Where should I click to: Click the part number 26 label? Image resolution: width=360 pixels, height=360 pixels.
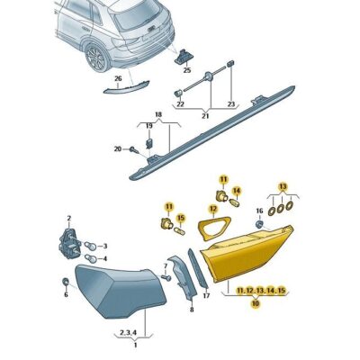[118, 78]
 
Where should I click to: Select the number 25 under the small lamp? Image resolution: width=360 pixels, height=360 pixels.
[187, 70]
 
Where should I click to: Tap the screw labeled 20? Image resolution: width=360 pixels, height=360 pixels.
[134, 149]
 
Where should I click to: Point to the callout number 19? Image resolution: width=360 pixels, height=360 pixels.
[149, 126]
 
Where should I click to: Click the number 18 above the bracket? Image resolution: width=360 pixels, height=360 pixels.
[158, 114]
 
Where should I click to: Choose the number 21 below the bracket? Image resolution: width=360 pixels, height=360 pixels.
[205, 116]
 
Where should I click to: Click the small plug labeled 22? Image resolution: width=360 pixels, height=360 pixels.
[178, 93]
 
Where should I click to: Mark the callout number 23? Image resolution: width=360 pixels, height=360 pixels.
[230, 104]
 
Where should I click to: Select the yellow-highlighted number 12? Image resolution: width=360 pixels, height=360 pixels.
[213, 208]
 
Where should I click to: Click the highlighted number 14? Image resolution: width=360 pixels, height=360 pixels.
[237, 191]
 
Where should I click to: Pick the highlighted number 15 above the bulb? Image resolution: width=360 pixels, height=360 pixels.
[181, 218]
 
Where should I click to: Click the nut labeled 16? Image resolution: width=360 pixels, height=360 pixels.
[260, 224]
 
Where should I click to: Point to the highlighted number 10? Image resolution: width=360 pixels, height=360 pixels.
[256, 304]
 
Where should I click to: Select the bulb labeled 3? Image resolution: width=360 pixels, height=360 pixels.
[91, 247]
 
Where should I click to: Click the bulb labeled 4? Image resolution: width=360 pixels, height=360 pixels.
[91, 258]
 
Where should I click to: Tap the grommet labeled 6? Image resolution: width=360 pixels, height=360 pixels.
[65, 282]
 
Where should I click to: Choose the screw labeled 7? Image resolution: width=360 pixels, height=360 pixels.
[166, 277]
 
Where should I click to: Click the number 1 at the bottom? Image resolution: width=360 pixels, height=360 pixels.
[135, 345]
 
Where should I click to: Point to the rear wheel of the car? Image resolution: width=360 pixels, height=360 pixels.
[97, 58]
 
